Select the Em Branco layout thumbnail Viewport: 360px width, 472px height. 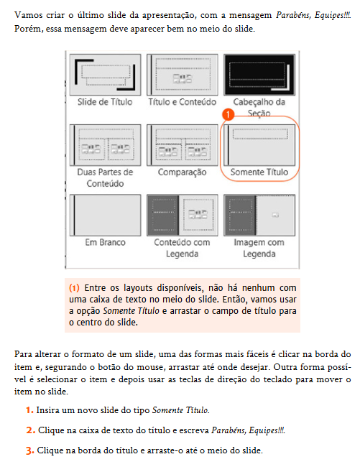[105, 214]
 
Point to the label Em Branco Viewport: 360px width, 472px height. [105, 243]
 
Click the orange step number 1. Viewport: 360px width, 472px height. [29, 410]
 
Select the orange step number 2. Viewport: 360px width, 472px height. [29, 430]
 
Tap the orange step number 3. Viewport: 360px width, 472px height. [29, 450]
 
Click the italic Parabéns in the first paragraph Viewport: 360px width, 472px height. [259, 15]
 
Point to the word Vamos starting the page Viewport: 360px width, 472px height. [27, 15]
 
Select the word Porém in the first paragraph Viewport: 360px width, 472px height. [27, 29]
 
